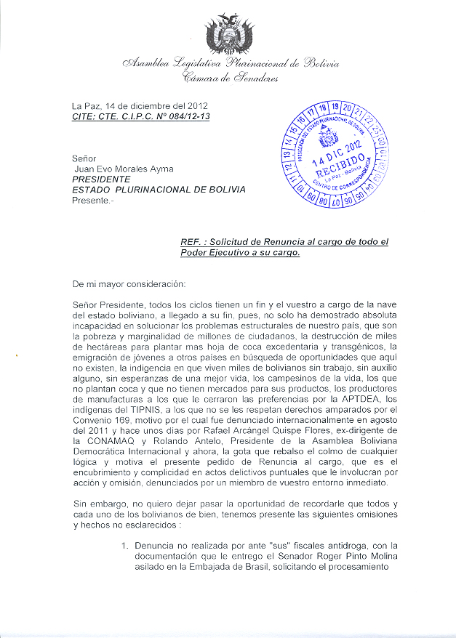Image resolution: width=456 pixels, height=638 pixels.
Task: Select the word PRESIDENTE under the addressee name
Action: click(x=101, y=178)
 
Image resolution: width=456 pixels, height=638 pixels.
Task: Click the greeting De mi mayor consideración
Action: click(x=129, y=281)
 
